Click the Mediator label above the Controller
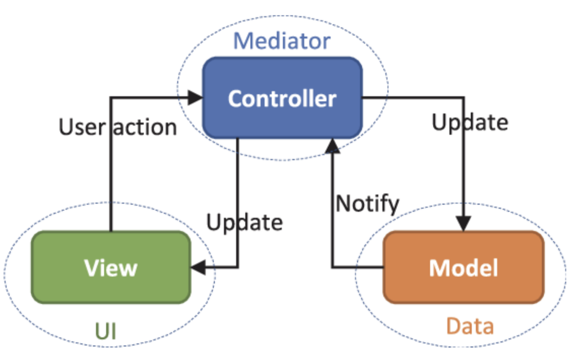click(282, 41)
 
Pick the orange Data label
click(470, 327)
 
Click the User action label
click(117, 127)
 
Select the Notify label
click(367, 203)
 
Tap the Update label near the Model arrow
click(470, 122)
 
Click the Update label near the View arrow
click(244, 222)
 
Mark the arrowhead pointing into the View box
click(198, 268)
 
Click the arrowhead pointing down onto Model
click(464, 224)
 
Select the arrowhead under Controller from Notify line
click(333, 146)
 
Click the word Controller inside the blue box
click(282, 99)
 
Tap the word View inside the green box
click(111, 268)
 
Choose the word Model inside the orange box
click(464, 268)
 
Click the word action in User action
click(145, 127)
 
